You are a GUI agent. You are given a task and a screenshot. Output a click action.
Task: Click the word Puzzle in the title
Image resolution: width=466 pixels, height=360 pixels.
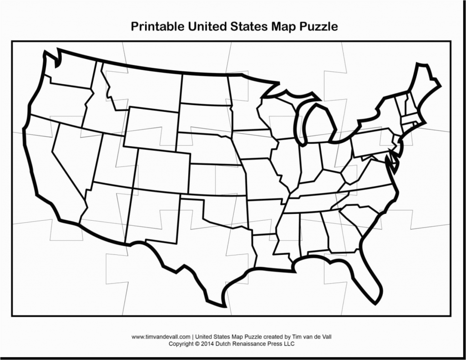pyautogui.click(x=319, y=26)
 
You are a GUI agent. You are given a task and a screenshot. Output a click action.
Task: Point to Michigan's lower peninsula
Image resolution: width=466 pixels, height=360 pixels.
pyautogui.click(x=319, y=125)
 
